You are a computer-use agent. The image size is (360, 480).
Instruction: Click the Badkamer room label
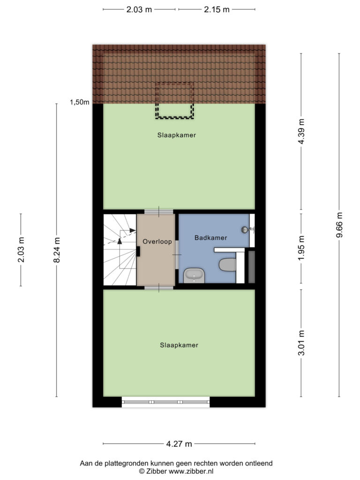tap(210, 238)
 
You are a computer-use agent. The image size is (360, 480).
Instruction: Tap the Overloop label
tap(157, 241)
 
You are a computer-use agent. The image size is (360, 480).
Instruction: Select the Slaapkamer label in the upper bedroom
tap(177, 135)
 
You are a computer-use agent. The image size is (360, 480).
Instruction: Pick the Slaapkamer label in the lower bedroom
tap(179, 345)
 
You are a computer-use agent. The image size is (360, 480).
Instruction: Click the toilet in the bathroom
tap(227, 264)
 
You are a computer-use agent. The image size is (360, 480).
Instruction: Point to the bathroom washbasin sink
tap(194, 275)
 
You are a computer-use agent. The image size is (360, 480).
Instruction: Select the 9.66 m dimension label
tap(339, 225)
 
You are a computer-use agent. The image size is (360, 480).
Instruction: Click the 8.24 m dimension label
tap(57, 250)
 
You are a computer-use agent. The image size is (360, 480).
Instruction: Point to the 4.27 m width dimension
tap(179, 443)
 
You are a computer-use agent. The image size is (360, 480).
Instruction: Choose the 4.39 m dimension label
tap(301, 131)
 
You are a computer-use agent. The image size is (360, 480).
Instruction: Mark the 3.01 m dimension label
tap(301, 343)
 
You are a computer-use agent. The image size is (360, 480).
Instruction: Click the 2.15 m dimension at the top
tap(217, 9)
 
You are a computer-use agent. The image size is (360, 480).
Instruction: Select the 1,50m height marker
tap(80, 102)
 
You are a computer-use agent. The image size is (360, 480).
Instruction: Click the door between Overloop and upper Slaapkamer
tap(159, 211)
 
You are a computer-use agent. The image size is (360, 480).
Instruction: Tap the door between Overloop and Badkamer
tap(177, 255)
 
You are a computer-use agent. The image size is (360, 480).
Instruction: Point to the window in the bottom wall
tap(165, 402)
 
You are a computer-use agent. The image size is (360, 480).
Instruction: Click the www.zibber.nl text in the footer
tap(191, 472)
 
